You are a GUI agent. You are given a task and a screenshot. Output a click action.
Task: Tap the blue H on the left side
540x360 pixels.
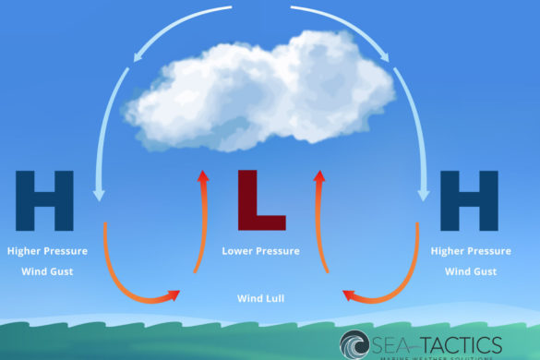pos(44,200)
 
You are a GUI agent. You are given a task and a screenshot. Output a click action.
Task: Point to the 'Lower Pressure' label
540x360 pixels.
pos(261,251)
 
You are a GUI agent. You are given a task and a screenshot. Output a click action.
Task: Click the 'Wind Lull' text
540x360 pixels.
pos(261,299)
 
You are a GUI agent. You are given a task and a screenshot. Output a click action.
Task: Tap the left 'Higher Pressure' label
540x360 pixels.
pos(47,251)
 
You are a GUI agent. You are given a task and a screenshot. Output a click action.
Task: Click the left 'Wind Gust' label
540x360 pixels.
pos(47,271)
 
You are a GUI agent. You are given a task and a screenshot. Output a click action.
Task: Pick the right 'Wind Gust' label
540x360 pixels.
pos(471,271)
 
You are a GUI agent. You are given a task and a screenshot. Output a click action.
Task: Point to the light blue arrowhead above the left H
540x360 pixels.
pos(99,193)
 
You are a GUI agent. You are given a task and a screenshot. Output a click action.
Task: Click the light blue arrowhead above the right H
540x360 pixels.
pos(424,193)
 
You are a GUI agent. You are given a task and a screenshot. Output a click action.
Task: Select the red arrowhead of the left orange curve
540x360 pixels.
pos(172,295)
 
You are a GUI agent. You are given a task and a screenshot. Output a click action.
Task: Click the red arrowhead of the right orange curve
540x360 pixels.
pos(349,295)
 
